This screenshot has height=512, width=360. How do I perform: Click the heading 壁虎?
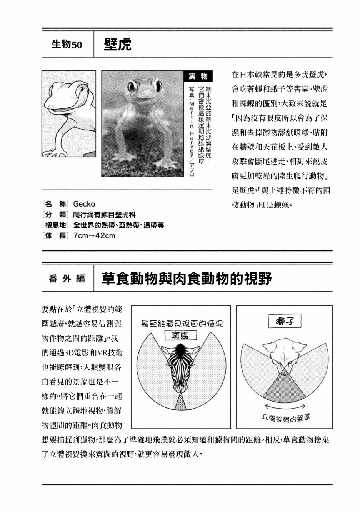[118, 45]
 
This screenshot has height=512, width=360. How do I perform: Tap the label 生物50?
[67, 45]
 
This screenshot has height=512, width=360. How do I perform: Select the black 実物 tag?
[198, 77]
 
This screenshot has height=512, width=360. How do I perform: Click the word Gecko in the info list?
[84, 204]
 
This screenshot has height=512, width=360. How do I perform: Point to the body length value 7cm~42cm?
[94, 236]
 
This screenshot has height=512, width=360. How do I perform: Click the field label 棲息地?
[56, 225]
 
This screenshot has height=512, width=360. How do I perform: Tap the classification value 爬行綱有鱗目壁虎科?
[104, 215]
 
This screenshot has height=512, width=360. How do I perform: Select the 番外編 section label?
[67, 278]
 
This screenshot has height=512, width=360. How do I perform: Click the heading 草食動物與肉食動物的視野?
[187, 278]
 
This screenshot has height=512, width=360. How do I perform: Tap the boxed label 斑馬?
[180, 335]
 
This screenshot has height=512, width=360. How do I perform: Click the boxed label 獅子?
[285, 321]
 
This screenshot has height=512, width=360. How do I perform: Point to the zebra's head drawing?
[180, 365]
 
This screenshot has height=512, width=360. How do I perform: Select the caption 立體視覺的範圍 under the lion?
[286, 418]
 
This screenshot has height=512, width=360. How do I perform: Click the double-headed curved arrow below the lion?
[285, 406]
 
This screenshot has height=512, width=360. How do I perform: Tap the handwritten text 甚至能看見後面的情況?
[182, 324]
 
